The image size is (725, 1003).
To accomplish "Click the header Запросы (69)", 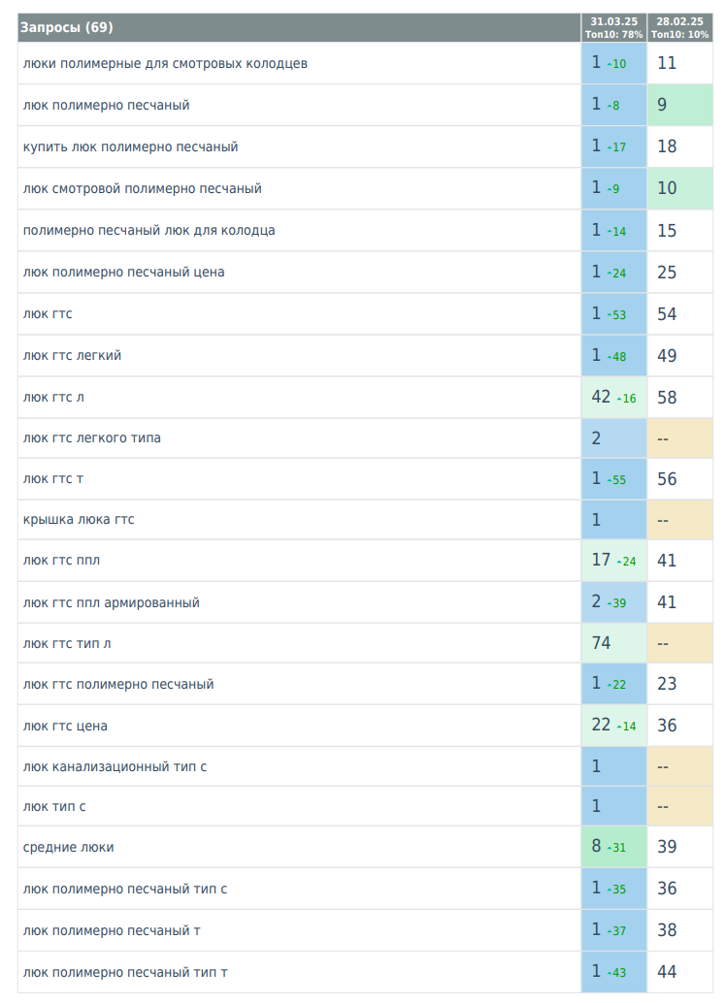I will (x=67, y=27).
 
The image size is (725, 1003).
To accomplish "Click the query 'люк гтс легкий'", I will (x=72, y=356).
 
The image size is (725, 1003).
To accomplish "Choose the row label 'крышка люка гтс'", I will (x=79, y=520).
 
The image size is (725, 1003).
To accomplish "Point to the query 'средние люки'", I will (x=68, y=847).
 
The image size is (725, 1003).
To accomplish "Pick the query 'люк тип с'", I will (x=58, y=806).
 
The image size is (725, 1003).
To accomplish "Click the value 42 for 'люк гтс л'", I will (x=602, y=397).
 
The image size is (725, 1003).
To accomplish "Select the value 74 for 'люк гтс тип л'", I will (x=602, y=643).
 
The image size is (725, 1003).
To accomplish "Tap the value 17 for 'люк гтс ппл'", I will (x=602, y=560).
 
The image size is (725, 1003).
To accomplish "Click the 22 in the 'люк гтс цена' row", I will (x=602, y=725).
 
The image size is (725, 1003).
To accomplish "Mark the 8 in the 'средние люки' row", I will (x=597, y=847).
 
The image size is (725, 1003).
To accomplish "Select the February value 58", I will (x=667, y=397).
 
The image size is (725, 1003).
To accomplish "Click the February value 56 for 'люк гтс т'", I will (x=667, y=479).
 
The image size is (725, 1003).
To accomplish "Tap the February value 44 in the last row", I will (x=667, y=972).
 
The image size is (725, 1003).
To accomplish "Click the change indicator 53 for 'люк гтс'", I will (x=617, y=315).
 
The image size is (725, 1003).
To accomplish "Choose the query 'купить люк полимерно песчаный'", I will (x=130, y=146).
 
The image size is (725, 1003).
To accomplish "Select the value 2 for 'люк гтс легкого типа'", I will (x=597, y=438).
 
